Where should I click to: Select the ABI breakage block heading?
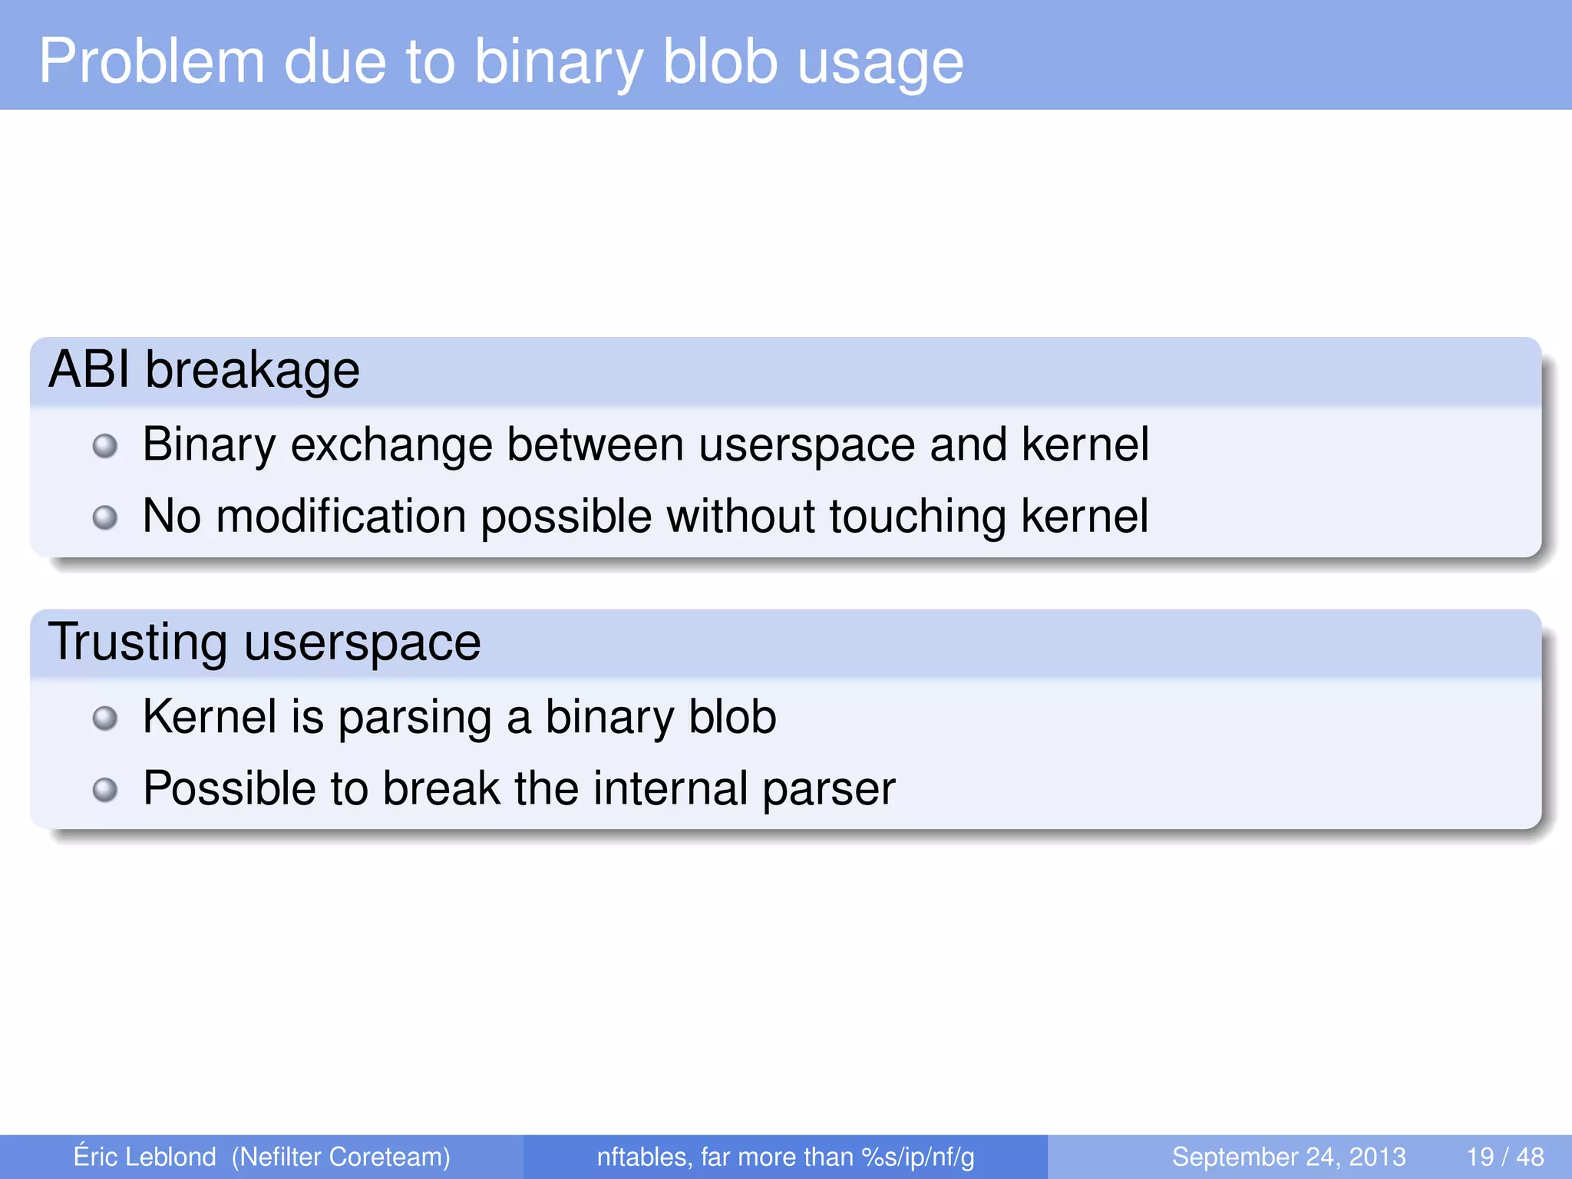pyautogui.click(x=204, y=370)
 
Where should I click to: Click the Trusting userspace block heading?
pyautogui.click(x=264, y=642)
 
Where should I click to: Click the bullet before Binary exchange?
pyautogui.click(x=105, y=446)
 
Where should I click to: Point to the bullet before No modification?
pyautogui.click(x=105, y=517)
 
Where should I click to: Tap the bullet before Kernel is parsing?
pyautogui.click(x=105, y=718)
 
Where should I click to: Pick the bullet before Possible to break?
pyautogui.click(x=105, y=789)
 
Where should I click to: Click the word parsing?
pyautogui.click(x=414, y=718)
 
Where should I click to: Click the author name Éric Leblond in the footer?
pyautogui.click(x=144, y=1156)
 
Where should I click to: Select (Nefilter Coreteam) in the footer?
pyautogui.click(x=341, y=1157)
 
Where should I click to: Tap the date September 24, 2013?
pyautogui.click(x=1289, y=1157)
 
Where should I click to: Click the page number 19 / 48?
pyautogui.click(x=1505, y=1157)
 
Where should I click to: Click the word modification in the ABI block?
pyautogui.click(x=341, y=516)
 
